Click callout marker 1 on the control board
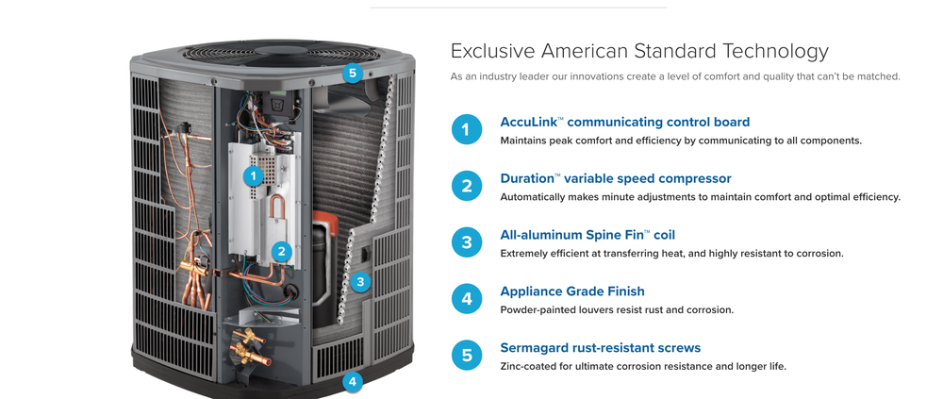pos(253,175)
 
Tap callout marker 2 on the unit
pos(281,252)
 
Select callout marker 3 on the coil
pos(360,281)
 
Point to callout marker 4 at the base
pos(353,381)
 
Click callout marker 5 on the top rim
pos(353,74)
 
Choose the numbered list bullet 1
pos(467,129)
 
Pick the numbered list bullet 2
pos(467,186)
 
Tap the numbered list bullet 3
pos(467,242)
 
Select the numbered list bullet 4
pos(467,299)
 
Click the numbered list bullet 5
pos(467,355)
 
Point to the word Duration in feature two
pos(527,178)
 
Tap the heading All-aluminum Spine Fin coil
pos(592,235)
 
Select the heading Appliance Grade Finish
pos(572,291)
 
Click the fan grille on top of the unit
pos(281,53)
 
